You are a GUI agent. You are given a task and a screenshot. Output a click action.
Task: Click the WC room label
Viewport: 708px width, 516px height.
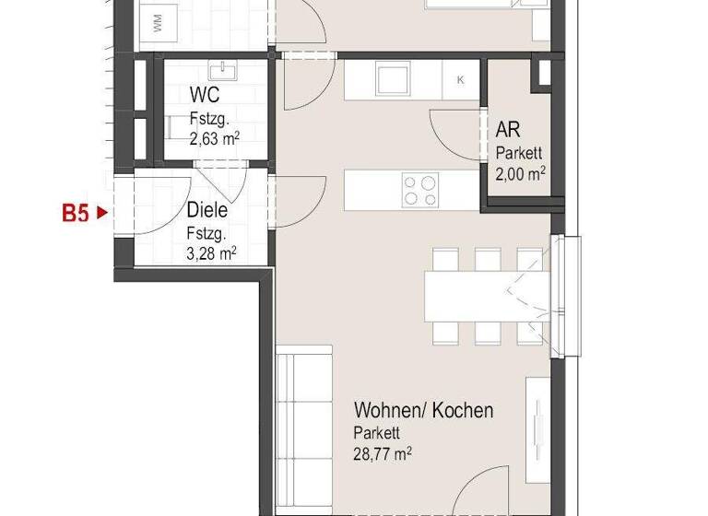tap(205, 96)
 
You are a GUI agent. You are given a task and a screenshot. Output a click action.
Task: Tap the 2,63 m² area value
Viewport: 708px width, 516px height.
tap(214, 139)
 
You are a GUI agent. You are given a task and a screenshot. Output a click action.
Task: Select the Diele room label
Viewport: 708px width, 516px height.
tap(206, 211)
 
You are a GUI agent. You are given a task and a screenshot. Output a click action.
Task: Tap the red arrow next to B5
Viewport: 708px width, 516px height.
tap(103, 214)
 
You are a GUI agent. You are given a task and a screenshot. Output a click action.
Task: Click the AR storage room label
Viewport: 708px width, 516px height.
tap(507, 130)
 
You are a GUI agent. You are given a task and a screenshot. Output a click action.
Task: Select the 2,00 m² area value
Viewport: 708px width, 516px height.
tap(520, 172)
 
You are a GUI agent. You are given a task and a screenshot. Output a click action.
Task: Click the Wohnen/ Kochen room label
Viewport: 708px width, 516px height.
tap(423, 410)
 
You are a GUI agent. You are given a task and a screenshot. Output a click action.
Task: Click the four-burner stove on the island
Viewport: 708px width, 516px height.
tap(419, 190)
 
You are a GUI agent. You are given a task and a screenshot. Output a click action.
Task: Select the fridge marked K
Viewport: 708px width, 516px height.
tap(460, 80)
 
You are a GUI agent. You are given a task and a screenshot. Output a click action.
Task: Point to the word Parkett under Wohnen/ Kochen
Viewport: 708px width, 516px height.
tap(376, 432)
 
